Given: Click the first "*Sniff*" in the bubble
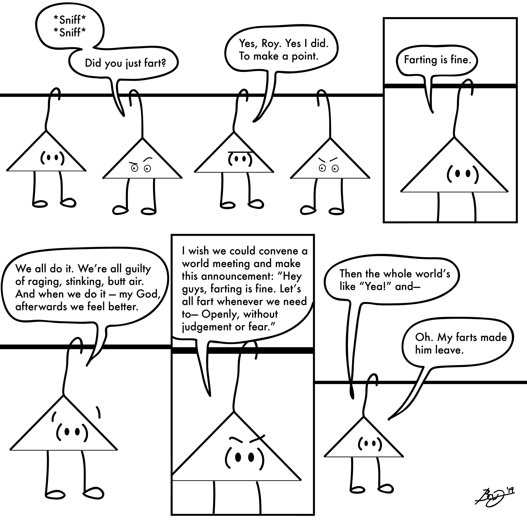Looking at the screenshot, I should click(x=70, y=20).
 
